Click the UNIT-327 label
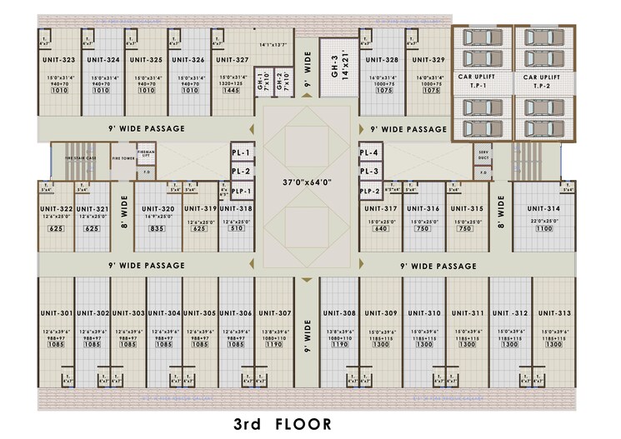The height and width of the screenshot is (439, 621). click(x=232, y=60)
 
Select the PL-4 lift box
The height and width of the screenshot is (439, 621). click(x=369, y=153)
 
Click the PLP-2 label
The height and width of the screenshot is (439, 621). click(x=370, y=191)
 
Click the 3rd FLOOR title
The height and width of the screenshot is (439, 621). click(x=282, y=424)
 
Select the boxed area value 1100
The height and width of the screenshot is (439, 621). click(x=543, y=228)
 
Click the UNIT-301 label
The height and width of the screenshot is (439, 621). click(x=57, y=313)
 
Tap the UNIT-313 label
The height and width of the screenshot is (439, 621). click(x=553, y=313)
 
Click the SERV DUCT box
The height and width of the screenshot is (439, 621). click(x=483, y=154)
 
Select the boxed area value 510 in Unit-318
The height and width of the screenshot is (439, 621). click(x=236, y=228)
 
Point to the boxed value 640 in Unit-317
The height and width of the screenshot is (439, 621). click(x=381, y=228)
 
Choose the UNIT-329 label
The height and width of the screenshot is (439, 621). click(x=428, y=60)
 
